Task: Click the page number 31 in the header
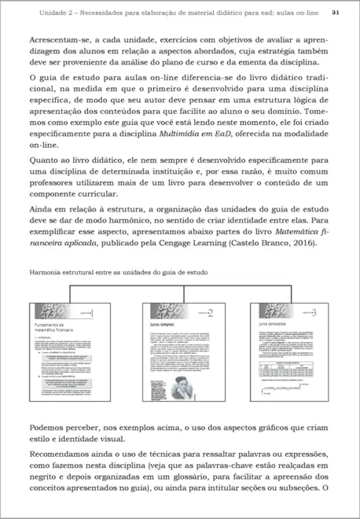click(x=335, y=13)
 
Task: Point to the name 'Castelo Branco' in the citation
click(x=253, y=243)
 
